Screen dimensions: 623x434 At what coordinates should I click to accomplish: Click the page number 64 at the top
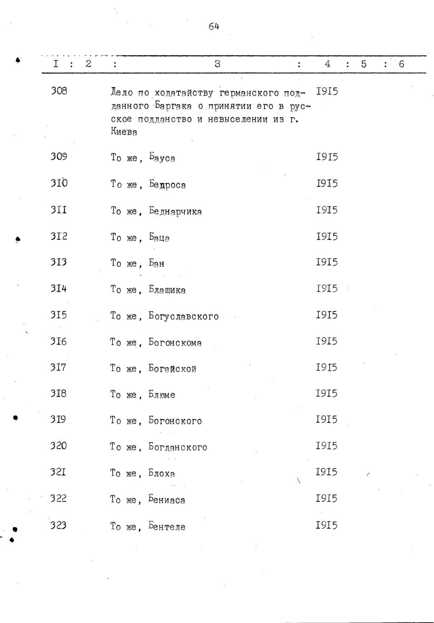[214, 27]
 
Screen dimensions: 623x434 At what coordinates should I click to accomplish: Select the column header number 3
[217, 64]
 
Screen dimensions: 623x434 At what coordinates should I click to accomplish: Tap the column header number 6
[401, 64]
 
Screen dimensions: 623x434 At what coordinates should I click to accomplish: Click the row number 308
[59, 91]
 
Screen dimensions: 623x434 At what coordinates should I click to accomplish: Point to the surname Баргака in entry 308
[171, 105]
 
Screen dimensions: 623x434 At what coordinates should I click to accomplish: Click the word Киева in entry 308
[124, 132]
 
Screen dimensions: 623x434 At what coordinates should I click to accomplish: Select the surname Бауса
[162, 158]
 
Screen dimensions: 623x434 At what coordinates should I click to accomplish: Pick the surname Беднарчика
[175, 211]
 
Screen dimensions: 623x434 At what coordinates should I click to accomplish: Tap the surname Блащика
[167, 290]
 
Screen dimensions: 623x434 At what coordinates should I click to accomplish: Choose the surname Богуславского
[184, 316]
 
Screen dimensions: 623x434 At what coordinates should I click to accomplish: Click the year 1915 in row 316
[326, 341]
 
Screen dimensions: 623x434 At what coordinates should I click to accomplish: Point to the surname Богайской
[172, 368]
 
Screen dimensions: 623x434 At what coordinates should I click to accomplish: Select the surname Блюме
[161, 395]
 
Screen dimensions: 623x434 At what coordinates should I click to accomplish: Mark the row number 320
[58, 446]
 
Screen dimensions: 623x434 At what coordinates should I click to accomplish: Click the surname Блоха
[161, 473]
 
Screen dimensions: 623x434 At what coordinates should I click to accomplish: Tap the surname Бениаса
[167, 500]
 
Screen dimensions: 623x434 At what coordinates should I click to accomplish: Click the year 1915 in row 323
[326, 525]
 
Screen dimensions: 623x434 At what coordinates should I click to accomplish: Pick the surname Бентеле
[167, 527]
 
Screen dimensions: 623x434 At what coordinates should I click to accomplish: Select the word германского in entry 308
[249, 92]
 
